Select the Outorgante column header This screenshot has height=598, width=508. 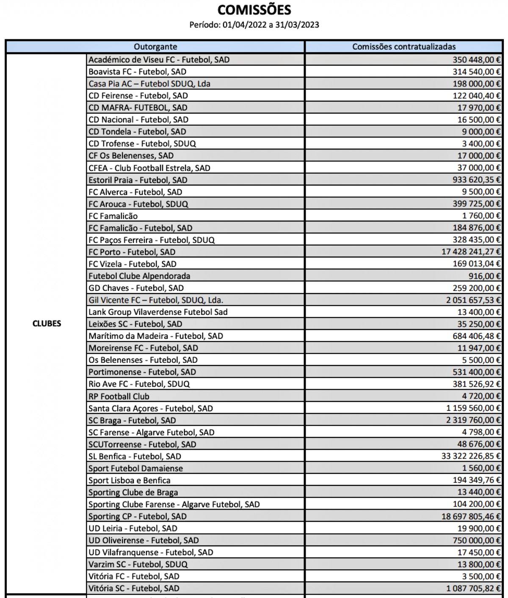155,47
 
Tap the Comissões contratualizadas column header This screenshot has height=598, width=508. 404,47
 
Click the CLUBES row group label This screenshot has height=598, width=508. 47,324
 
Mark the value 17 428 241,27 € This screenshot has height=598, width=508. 471,252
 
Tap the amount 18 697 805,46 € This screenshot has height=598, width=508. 471,516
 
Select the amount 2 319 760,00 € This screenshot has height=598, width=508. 473,420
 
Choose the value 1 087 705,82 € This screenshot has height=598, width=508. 473,588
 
